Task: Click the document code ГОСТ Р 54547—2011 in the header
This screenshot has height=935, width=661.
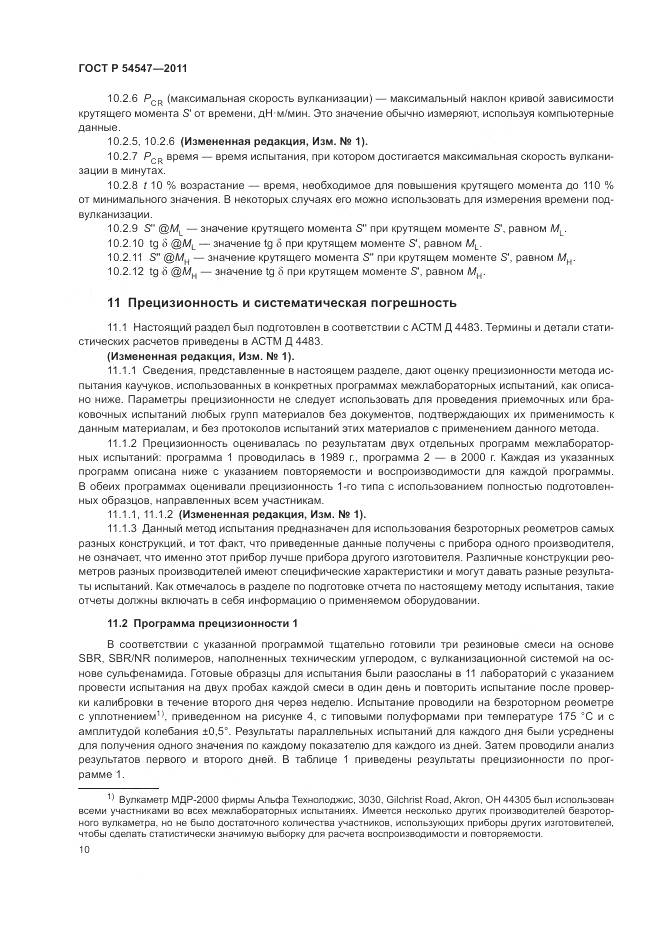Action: [132, 67]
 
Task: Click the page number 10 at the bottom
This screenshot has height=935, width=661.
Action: [83, 850]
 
